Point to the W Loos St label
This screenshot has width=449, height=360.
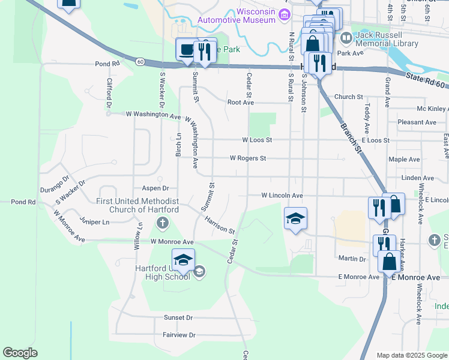(x=257, y=140)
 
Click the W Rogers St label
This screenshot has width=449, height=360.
(x=248, y=158)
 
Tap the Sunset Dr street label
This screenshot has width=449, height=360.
(x=178, y=317)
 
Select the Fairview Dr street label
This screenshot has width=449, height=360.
(x=179, y=335)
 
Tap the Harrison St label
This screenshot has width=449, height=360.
(x=219, y=226)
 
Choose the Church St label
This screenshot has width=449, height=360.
(x=349, y=97)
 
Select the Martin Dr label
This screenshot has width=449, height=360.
(x=352, y=259)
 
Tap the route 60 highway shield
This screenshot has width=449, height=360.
(x=140, y=61)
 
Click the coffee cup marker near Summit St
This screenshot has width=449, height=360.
(x=186, y=49)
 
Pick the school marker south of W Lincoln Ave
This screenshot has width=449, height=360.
(x=295, y=218)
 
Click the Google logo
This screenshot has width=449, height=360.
(x=20, y=353)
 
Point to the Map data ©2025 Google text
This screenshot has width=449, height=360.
(x=411, y=355)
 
